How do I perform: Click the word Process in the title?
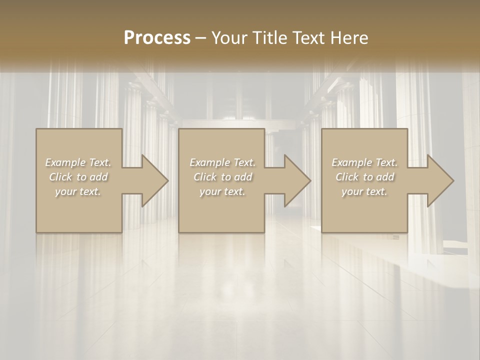157,38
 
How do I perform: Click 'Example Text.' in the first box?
78,162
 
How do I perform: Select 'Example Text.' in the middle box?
222,162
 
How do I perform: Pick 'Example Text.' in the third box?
364,162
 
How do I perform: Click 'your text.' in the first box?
78,191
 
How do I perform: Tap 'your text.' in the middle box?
222,191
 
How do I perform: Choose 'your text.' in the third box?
364,191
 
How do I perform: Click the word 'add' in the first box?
99,177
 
